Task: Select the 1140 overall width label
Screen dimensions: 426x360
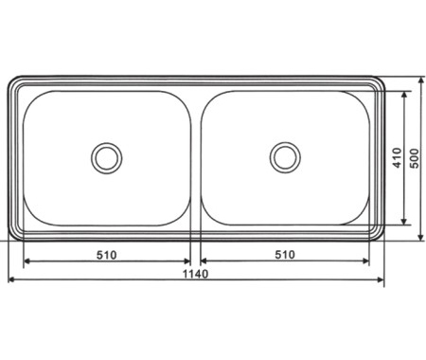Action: tap(196, 274)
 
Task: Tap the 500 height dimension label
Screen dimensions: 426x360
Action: tap(415, 158)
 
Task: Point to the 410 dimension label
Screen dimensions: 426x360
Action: tap(397, 158)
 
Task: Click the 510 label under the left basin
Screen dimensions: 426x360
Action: tap(107, 255)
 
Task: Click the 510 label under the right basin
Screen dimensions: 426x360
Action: tap(285, 255)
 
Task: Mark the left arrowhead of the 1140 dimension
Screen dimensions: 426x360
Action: tap(11, 279)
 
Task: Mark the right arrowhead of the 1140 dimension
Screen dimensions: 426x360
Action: tap(381, 279)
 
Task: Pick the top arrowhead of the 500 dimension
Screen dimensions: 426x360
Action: tap(420, 81)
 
